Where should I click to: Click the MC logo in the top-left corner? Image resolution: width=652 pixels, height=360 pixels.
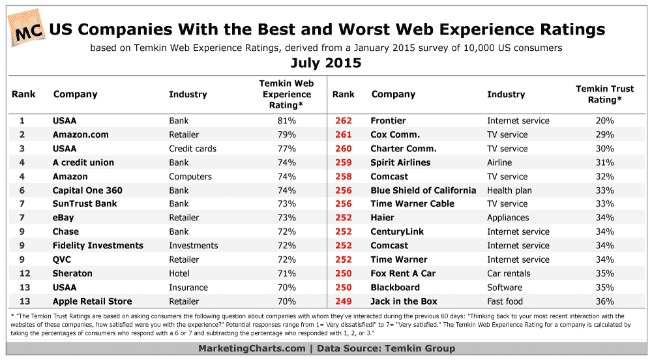[x=27, y=28]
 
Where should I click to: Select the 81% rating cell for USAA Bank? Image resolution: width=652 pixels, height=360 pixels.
[x=287, y=121]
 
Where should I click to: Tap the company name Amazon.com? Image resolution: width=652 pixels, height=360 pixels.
[x=81, y=134]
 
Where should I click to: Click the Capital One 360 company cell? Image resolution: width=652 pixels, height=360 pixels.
[x=87, y=190]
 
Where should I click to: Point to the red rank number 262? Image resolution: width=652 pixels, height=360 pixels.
[x=343, y=121]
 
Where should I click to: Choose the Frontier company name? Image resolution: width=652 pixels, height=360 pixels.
[x=388, y=121]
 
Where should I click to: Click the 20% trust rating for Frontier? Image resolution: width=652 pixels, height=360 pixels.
[x=604, y=121]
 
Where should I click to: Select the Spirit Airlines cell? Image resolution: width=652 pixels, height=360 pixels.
[x=400, y=162]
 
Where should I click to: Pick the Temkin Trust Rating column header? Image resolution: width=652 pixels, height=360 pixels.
[x=604, y=94]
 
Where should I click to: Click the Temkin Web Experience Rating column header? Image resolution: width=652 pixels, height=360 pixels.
[x=287, y=94]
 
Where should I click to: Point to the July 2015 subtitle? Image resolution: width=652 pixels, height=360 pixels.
[x=326, y=63]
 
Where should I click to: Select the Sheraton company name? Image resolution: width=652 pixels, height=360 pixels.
[x=72, y=273]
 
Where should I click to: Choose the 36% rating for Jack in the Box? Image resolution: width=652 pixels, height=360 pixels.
[x=604, y=301]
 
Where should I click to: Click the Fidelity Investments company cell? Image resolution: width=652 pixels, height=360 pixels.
[x=98, y=245]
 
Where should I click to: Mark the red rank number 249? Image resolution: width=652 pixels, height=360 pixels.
[x=343, y=301]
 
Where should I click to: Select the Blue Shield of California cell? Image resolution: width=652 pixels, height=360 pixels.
[x=424, y=190]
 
